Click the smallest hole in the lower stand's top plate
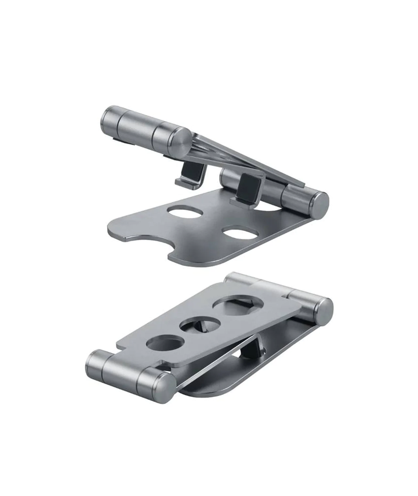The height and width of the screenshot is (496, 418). pyautogui.click(x=165, y=343)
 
